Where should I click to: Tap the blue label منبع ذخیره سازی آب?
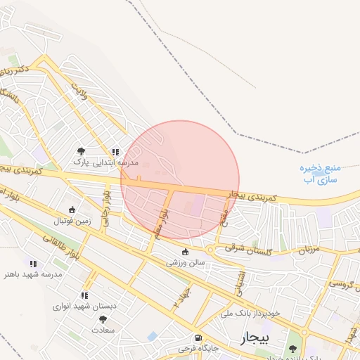pyautogui.click(x=321, y=174)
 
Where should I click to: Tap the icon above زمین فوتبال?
pyautogui.click(x=72, y=210)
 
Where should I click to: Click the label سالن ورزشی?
pyautogui.click(x=186, y=263)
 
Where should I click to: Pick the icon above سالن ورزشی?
pyautogui.click(x=186, y=252)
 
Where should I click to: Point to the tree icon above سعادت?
pyautogui.click(x=103, y=319)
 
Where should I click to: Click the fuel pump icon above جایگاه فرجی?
pyautogui.click(x=197, y=337)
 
